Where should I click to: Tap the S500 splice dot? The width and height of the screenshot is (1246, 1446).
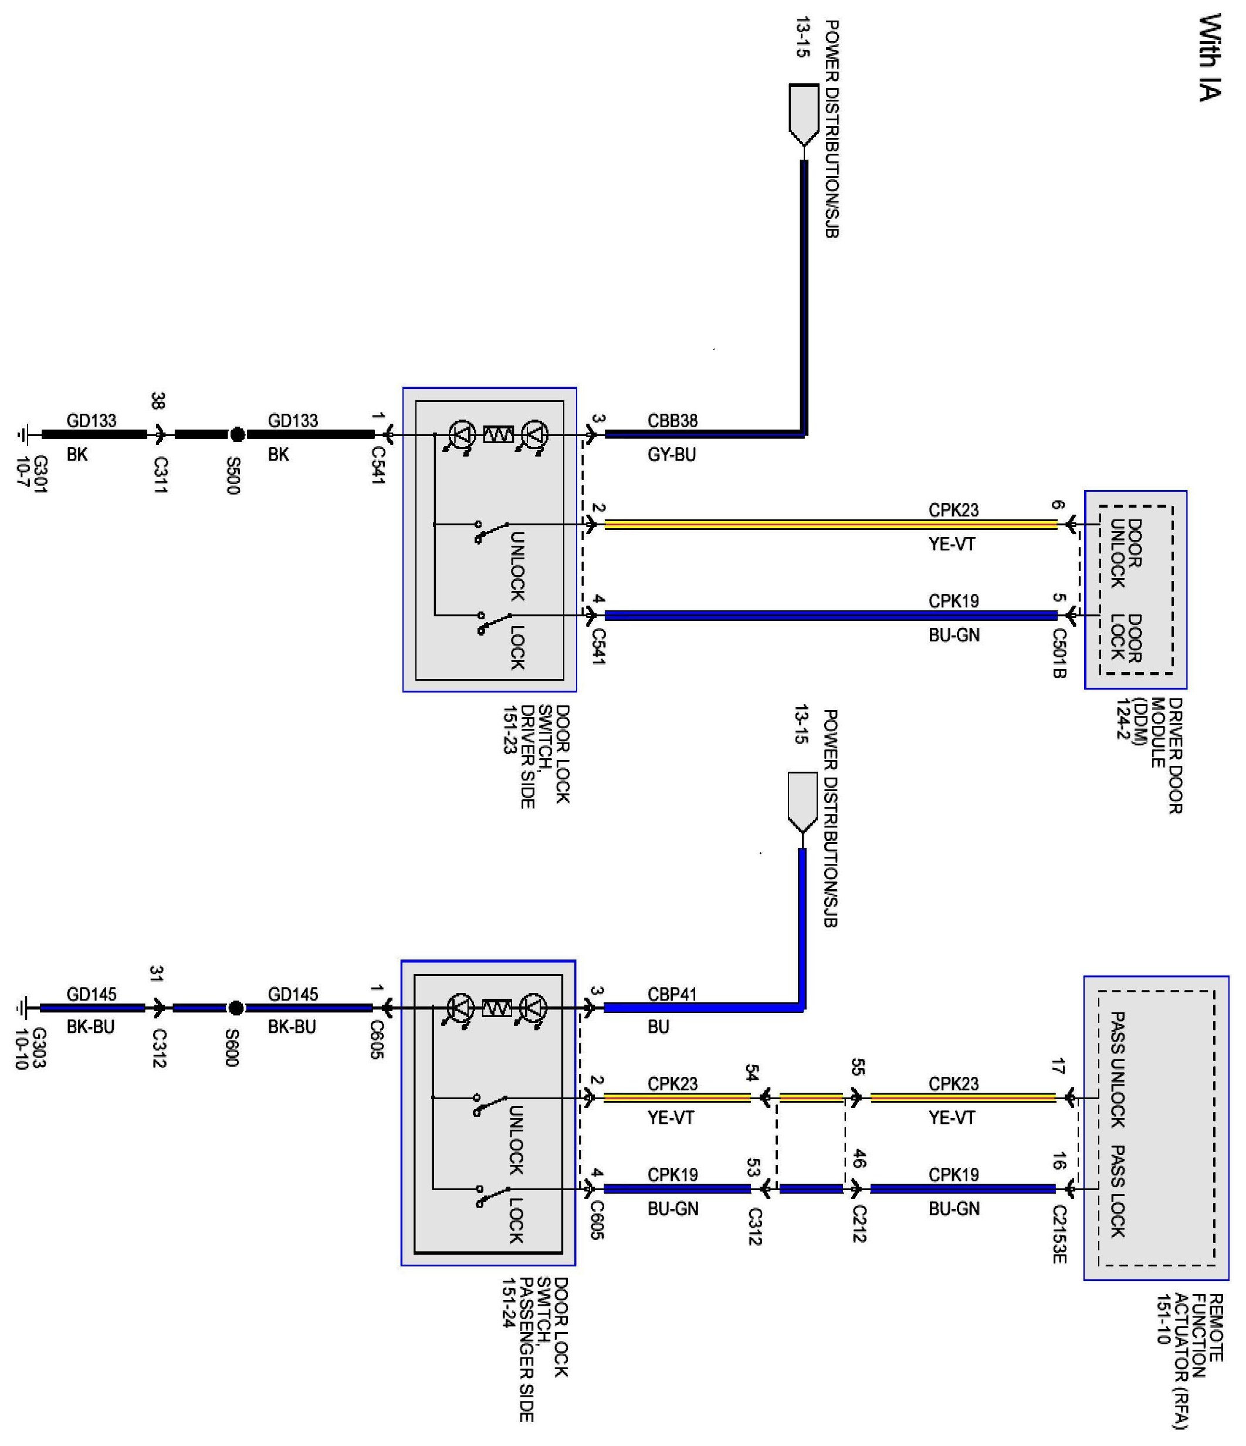[x=237, y=435]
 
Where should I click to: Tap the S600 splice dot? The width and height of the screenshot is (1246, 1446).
[x=236, y=1008]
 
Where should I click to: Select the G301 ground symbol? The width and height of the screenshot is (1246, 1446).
[x=22, y=435]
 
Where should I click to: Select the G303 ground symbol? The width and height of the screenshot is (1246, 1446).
[x=22, y=1008]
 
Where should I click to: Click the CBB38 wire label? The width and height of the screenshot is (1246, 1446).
[x=672, y=421]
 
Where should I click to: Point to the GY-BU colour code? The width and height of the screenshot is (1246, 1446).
[x=671, y=454]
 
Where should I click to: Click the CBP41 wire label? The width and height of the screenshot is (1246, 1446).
[x=672, y=994]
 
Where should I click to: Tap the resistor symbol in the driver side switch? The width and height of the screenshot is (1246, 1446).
[x=498, y=435]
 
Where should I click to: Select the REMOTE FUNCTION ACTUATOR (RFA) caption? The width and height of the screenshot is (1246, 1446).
[x=1190, y=1361]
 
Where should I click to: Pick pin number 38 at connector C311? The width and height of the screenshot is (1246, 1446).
[x=158, y=401]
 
